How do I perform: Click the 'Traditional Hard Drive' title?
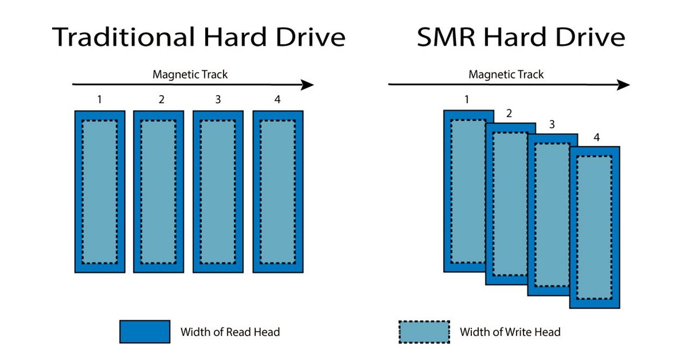click(199, 38)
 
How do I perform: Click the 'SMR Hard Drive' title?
click(520, 38)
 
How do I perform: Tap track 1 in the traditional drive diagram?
click(99, 191)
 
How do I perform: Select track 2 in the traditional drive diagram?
click(159, 191)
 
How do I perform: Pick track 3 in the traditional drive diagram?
click(218, 191)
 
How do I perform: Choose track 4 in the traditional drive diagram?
click(277, 191)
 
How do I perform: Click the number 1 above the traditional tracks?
click(99, 99)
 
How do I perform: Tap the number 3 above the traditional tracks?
click(218, 99)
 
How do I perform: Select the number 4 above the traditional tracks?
click(277, 99)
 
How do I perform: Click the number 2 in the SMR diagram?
click(509, 113)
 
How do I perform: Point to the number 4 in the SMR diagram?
click(596, 138)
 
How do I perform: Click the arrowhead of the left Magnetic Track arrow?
click(307, 85)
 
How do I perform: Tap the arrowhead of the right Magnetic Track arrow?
click(623, 85)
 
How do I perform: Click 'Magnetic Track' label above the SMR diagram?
click(506, 74)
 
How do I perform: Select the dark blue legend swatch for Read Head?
click(145, 332)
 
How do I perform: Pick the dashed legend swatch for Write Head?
click(424, 332)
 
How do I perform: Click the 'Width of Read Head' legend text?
click(230, 332)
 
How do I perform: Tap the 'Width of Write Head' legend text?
click(510, 332)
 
